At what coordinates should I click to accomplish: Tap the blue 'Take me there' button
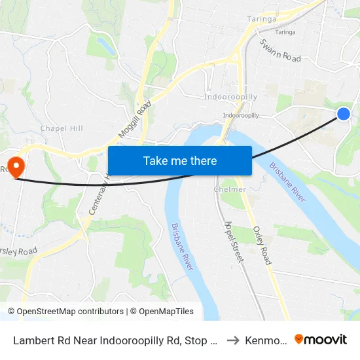180,161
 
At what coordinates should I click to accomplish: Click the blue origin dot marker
344,115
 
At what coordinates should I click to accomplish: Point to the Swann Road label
280,50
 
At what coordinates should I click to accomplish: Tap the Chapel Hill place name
62,128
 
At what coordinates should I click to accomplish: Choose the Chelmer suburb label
230,189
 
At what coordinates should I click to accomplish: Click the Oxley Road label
263,243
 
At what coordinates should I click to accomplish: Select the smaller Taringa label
285,32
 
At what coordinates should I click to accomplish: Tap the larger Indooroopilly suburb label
230,97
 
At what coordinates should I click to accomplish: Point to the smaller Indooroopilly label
240,115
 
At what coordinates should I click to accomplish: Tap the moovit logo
321,339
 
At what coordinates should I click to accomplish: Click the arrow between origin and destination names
232,340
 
